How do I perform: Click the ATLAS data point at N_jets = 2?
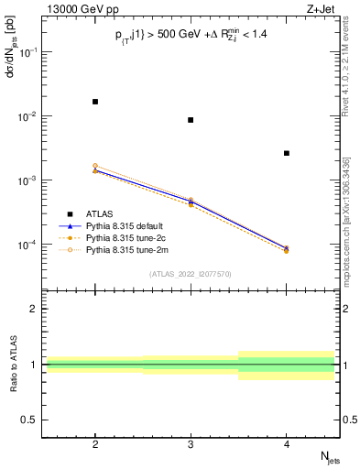[x=95, y=102]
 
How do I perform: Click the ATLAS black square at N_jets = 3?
[x=191, y=120]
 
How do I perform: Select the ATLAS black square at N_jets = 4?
[x=287, y=153]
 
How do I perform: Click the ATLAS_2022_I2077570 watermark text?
[x=191, y=273]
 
